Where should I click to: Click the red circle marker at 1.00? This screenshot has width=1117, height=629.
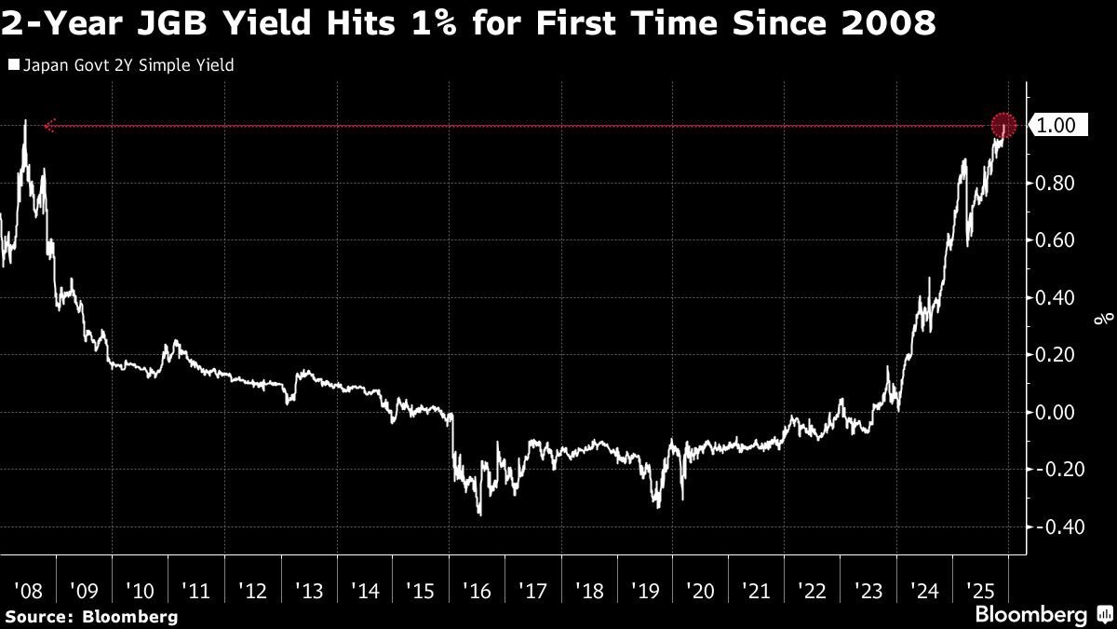(1003, 126)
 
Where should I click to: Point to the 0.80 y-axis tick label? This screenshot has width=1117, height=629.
(1056, 184)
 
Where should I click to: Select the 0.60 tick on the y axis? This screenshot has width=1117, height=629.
(1056, 240)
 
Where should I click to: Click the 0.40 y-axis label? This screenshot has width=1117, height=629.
(1056, 298)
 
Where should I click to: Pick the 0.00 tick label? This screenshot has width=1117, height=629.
(1056, 413)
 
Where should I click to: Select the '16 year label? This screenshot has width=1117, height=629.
(477, 590)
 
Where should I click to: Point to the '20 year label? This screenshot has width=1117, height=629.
(701, 590)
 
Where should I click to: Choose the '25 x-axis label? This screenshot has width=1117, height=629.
(982, 590)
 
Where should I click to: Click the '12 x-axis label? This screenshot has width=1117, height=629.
(252, 590)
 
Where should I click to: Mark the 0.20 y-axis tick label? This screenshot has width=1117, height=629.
(1056, 355)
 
